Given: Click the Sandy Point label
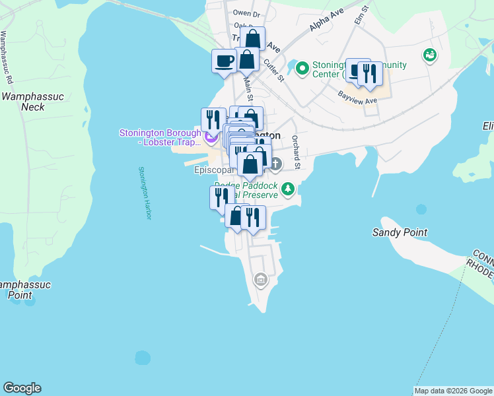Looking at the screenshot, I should (x=400, y=232).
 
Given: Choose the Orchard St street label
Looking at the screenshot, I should (x=297, y=152).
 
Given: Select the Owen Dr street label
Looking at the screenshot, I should (x=246, y=13).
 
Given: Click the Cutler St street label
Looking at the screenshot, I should (x=273, y=71).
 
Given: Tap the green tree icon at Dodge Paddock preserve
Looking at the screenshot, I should (x=287, y=189).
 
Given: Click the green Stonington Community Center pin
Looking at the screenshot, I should (x=302, y=67).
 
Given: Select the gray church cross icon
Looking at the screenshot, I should (x=275, y=163).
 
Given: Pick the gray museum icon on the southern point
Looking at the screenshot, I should (x=261, y=280).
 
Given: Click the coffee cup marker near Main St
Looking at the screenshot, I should (x=224, y=61).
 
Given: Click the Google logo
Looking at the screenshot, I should (x=22, y=388).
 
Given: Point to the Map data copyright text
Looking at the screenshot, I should (x=453, y=391).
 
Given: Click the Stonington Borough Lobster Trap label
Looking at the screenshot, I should (x=160, y=137).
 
